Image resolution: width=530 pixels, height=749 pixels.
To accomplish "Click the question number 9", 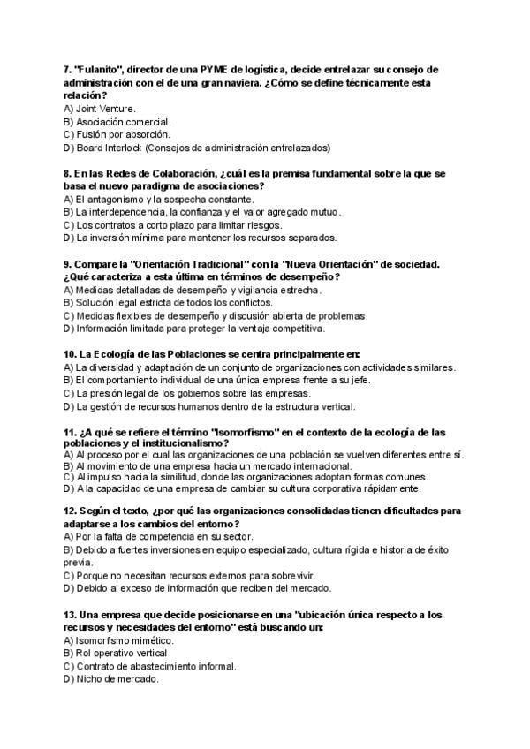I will coord(67,264).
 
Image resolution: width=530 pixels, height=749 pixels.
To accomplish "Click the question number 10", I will coord(70,354).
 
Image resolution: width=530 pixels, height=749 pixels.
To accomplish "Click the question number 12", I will coord(70,510).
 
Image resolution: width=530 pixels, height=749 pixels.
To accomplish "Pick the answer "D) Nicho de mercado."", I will coord(112,679).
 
